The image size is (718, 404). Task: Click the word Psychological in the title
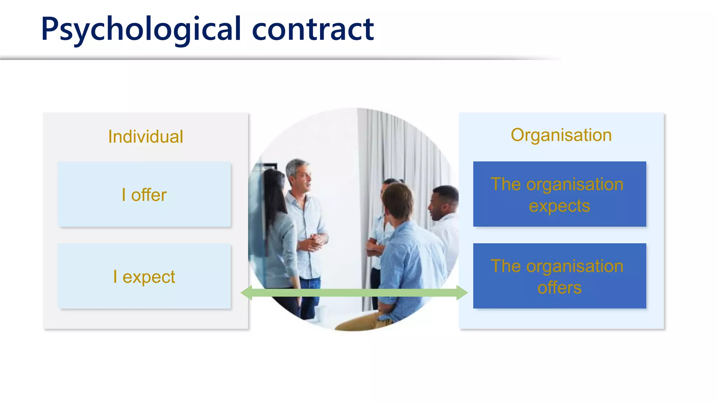coord(140,30)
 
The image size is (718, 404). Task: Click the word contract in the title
coord(313,30)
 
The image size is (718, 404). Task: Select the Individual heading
coord(145,136)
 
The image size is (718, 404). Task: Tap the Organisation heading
coord(561,135)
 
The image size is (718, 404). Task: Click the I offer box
coord(144,195)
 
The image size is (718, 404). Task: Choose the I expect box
coord(144,276)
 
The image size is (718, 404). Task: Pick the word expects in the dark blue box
coord(560,206)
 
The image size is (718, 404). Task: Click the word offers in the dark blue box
coord(560,288)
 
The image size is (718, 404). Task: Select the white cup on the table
coord(320,312)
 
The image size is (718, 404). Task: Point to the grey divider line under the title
coord(245,58)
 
